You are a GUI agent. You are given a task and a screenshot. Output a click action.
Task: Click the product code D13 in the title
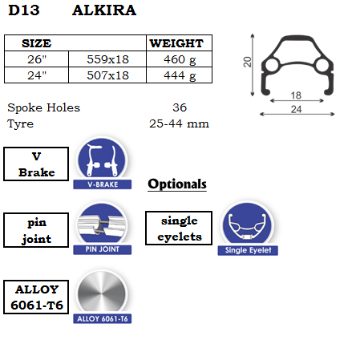click(x=24, y=10)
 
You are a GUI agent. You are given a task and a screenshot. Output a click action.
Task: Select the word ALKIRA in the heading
click(x=104, y=10)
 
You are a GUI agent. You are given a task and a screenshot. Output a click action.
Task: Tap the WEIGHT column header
click(x=176, y=43)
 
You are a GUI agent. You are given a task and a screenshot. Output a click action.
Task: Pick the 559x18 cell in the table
click(x=107, y=59)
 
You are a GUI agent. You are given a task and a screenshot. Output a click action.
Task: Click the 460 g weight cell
click(x=180, y=59)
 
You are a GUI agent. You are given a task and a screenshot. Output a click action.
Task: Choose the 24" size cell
click(x=37, y=75)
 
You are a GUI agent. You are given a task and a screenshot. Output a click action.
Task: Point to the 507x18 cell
click(x=107, y=75)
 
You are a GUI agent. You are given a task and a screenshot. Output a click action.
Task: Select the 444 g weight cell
click(x=180, y=76)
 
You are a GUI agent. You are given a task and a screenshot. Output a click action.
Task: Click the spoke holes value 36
click(x=180, y=107)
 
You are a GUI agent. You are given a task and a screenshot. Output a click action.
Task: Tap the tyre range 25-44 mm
click(x=179, y=123)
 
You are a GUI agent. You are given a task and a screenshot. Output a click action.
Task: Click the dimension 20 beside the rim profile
click(x=247, y=62)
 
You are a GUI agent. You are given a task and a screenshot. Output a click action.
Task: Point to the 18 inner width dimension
click(x=296, y=95)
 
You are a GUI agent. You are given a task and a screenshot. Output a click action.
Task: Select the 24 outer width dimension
click(x=296, y=109)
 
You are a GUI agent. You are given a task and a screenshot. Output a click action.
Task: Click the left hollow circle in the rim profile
click(x=273, y=65)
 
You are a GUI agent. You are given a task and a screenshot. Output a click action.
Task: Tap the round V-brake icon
click(x=102, y=160)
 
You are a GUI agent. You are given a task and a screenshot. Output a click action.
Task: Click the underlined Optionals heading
click(x=177, y=184)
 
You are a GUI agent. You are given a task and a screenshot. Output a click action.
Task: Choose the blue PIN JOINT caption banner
click(x=103, y=249)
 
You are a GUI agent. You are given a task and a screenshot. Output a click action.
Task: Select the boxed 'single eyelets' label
click(x=179, y=229)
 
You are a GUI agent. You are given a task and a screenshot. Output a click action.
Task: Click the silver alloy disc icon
click(x=102, y=293)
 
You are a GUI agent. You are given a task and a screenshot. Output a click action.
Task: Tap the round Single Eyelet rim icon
click(x=248, y=224)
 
